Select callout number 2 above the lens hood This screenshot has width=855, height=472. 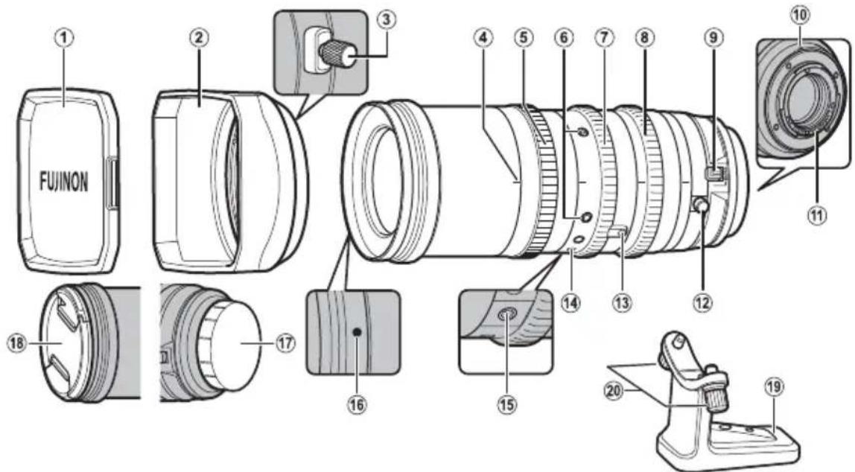(197, 39)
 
